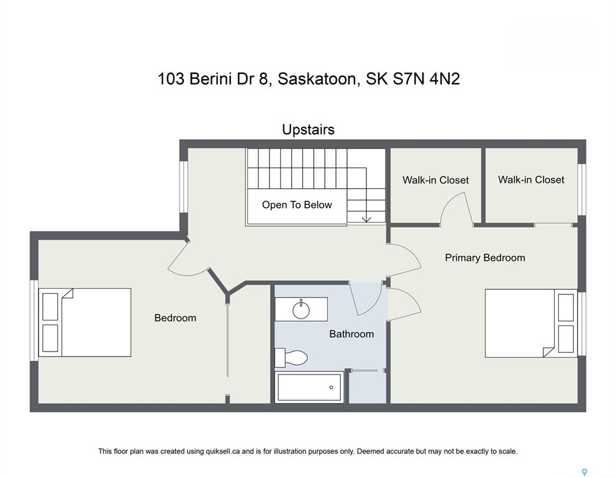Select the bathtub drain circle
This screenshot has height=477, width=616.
pyautogui.click(x=331, y=388)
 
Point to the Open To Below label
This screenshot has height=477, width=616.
pyautogui.click(x=297, y=205)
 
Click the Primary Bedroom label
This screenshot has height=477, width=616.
pyautogui.click(x=485, y=258)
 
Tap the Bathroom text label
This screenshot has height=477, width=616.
pyautogui.click(x=351, y=334)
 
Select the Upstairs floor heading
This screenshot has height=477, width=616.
pyautogui.click(x=309, y=130)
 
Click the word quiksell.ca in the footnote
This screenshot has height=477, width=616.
pyautogui.click(x=222, y=452)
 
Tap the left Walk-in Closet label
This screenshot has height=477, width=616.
pyautogui.click(x=436, y=180)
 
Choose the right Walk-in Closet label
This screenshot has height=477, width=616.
pyautogui.click(x=531, y=179)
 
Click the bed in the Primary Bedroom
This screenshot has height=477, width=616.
pyautogui.click(x=531, y=324)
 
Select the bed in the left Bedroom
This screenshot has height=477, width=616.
pyautogui.click(x=85, y=322)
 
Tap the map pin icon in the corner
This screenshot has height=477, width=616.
pyautogui.click(x=584, y=472)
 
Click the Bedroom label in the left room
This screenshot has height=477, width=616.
pyautogui.click(x=175, y=318)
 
